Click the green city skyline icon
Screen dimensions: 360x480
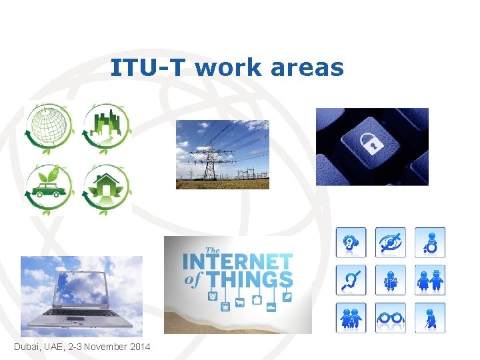tap(107, 127)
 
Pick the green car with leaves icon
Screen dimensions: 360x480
tap(47, 189)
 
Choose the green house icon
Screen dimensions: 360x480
tap(106, 189)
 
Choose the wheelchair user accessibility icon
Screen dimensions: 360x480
tap(430, 243)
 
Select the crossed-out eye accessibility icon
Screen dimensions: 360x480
tap(390, 243)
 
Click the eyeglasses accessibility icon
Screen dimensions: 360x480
tap(390, 318)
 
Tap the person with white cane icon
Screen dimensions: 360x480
tap(430, 318)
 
